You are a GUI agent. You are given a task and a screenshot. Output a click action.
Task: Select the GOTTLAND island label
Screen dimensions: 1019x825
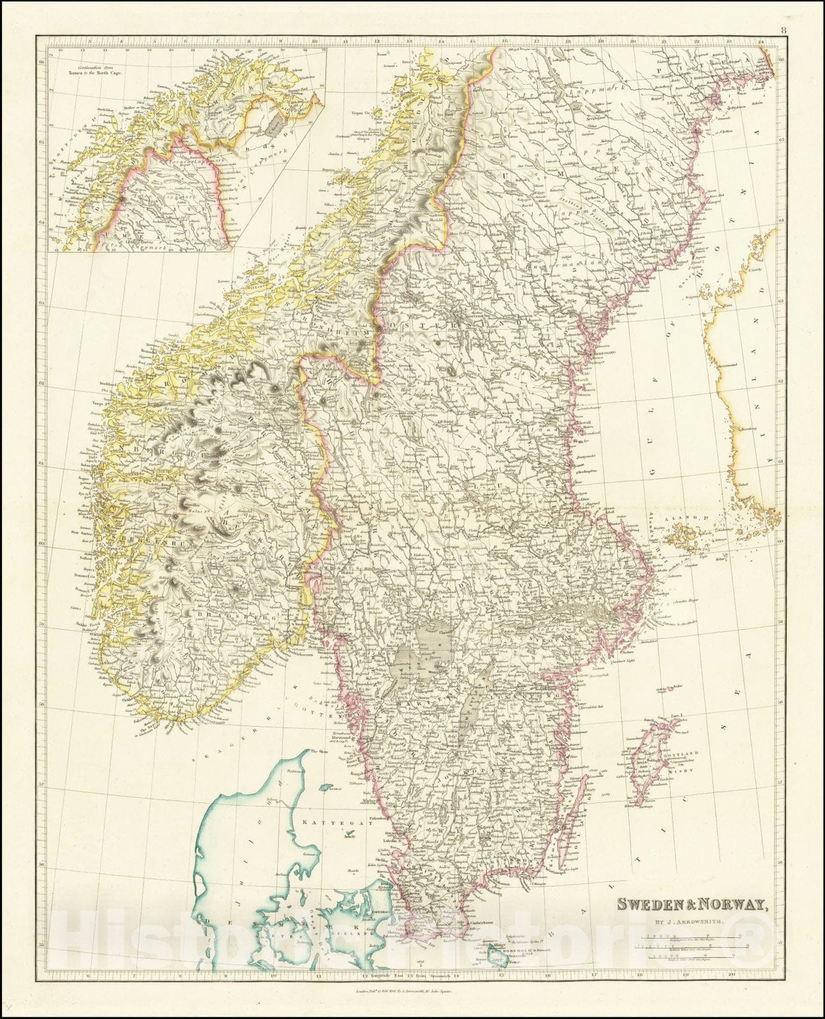pos(684,753)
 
